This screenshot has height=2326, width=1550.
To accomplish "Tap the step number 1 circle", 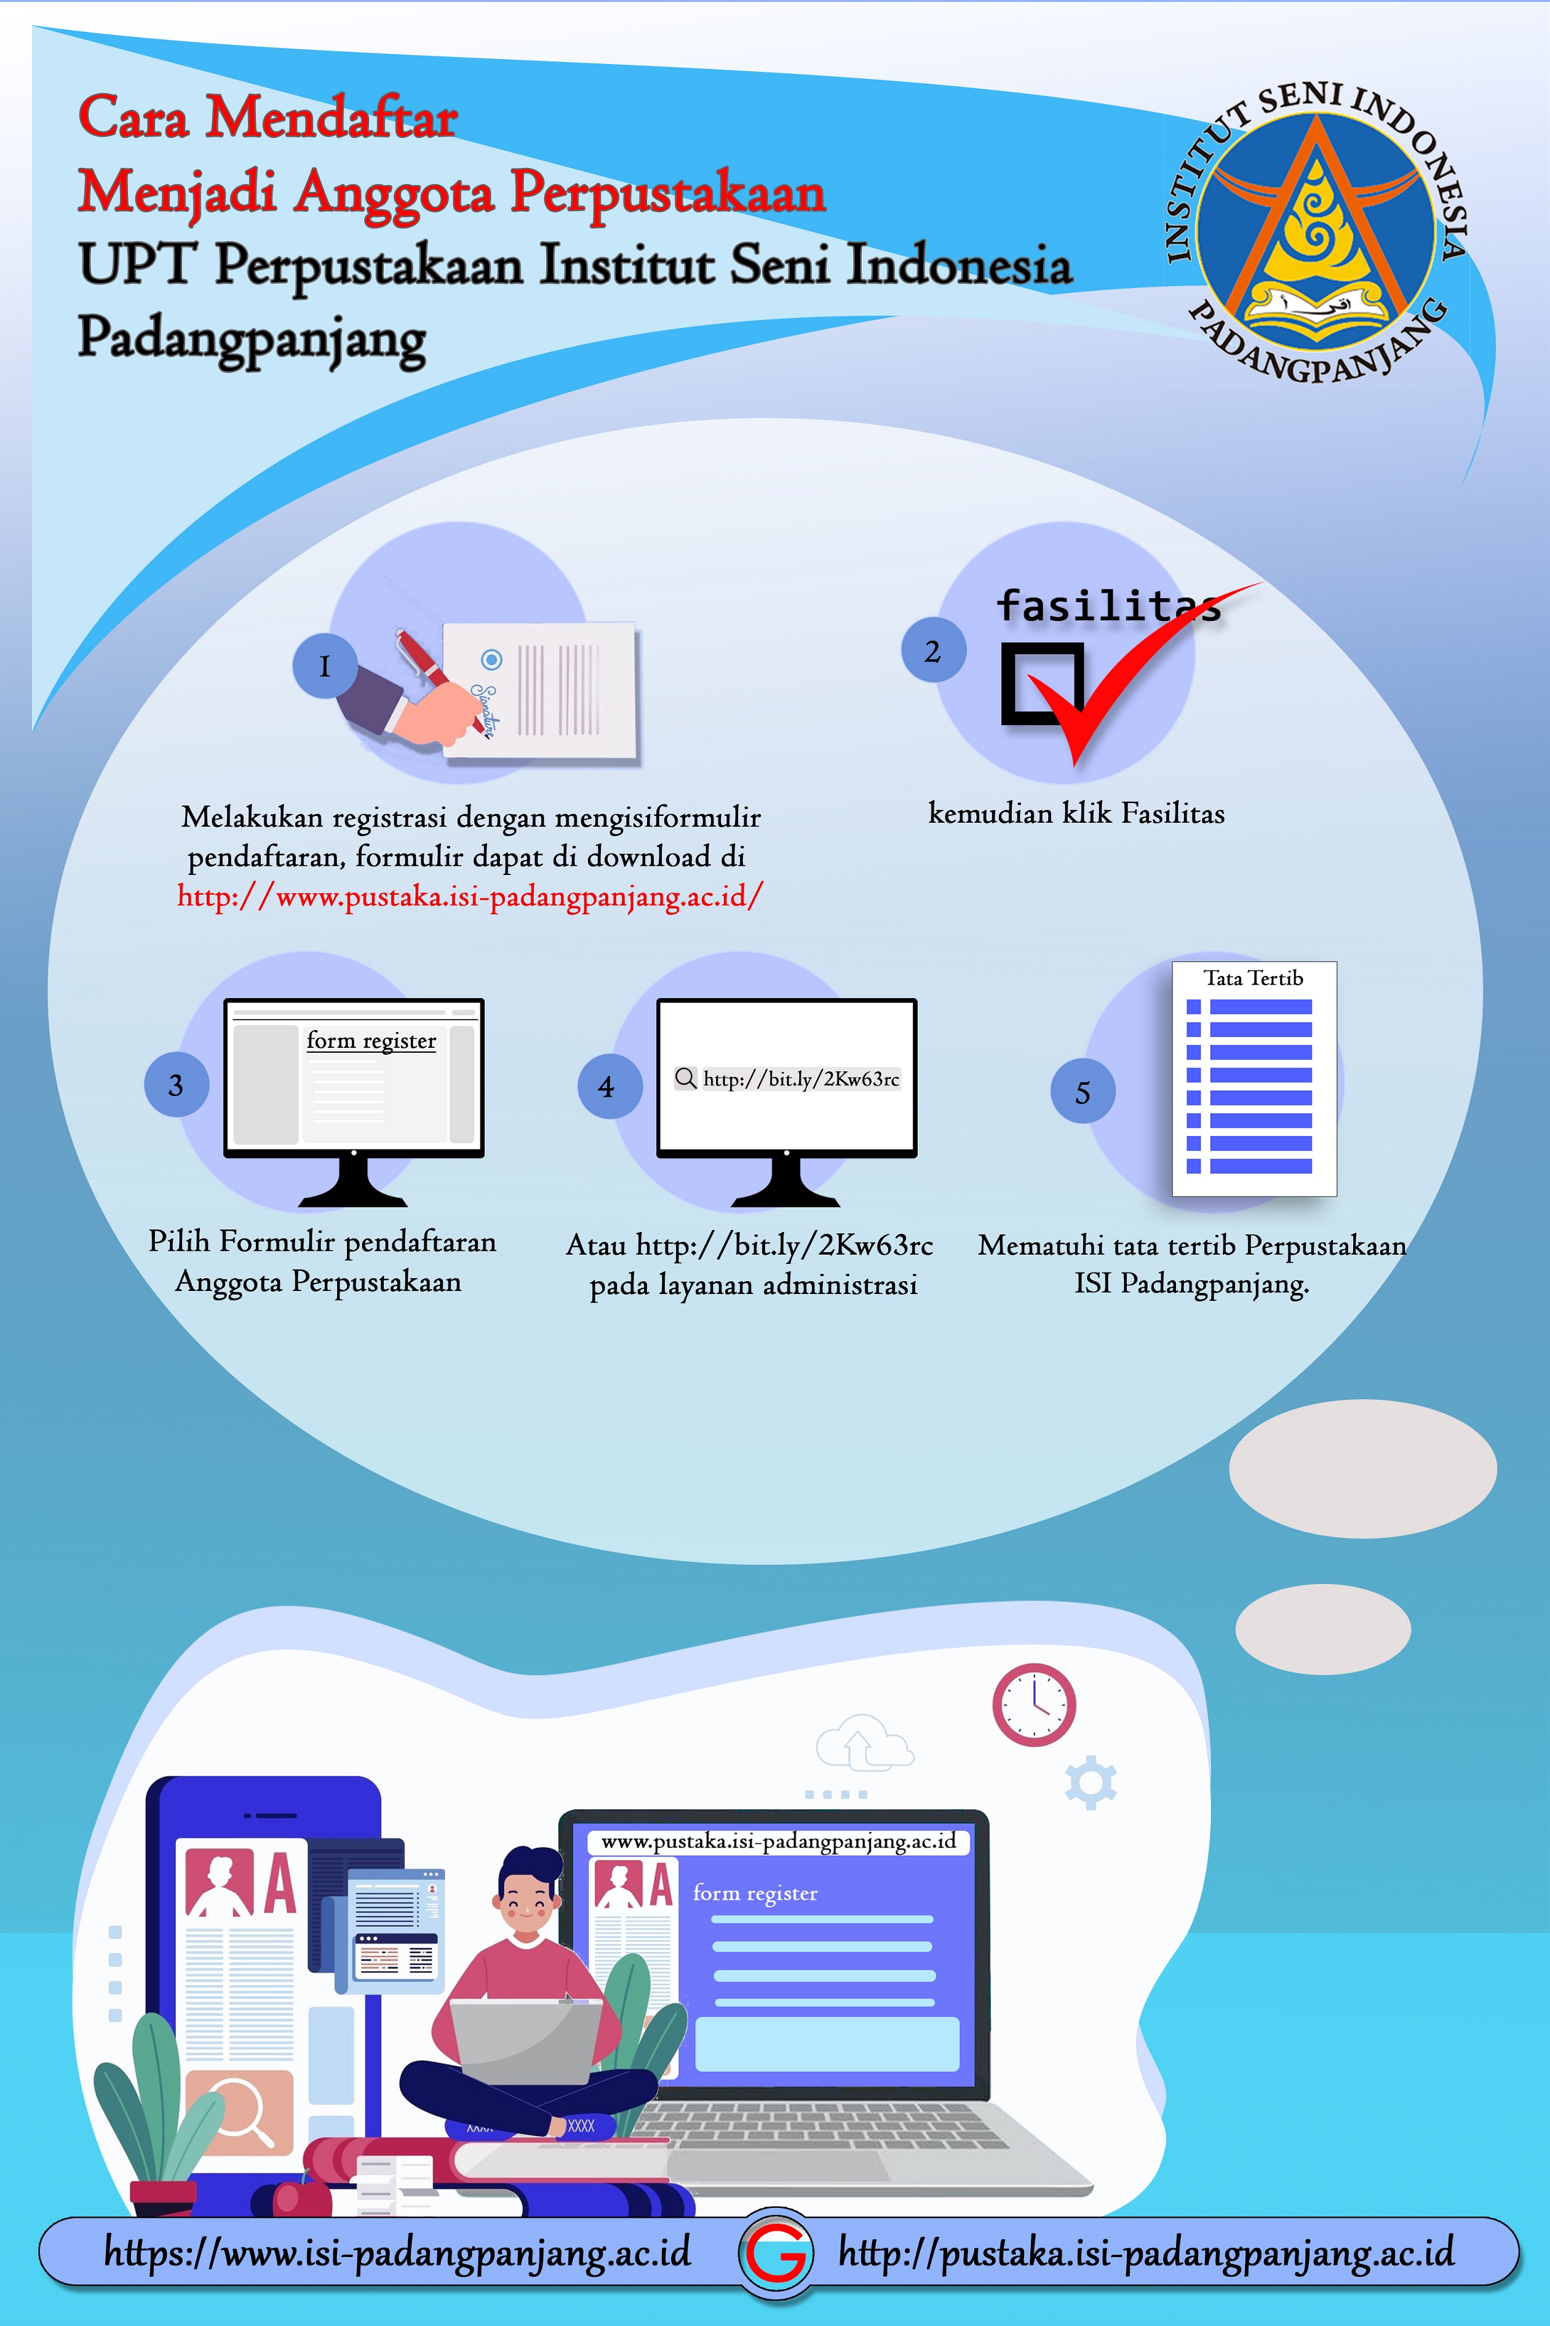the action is [x=324, y=666].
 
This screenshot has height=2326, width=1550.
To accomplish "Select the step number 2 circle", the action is [x=933, y=651].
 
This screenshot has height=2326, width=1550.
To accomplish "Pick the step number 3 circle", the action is [x=176, y=1085].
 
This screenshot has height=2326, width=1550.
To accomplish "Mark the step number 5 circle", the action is [x=1083, y=1092].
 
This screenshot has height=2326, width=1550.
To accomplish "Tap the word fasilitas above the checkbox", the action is [x=1107, y=605].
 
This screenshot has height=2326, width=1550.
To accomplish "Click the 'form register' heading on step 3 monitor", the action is [x=371, y=1041].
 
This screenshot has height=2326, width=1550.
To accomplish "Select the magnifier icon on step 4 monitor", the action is [x=685, y=1078].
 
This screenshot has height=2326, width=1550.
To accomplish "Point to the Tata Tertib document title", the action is [x=1254, y=978].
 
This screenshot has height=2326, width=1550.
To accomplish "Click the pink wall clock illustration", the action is [x=1034, y=1705].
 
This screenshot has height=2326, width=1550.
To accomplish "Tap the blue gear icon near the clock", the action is [x=1091, y=1782].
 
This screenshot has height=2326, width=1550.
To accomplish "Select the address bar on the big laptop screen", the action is [x=779, y=1841].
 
